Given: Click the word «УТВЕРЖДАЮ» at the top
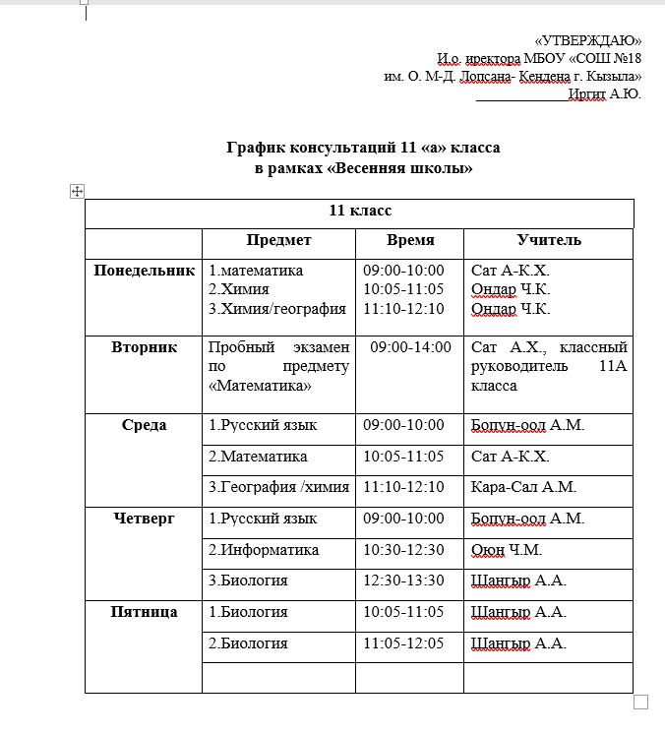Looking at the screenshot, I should pyautogui.click(x=587, y=40).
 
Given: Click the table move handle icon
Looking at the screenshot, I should pyautogui.click(x=78, y=192).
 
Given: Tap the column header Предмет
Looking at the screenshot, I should pyautogui.click(x=278, y=240).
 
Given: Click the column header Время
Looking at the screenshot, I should pyautogui.click(x=410, y=240).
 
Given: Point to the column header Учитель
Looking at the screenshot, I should pyautogui.click(x=549, y=240).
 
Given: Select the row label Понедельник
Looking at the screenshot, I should pyautogui.click(x=144, y=270).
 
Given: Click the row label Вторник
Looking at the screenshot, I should pyautogui.click(x=144, y=347).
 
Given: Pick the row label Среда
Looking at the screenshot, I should pyautogui.click(x=144, y=425).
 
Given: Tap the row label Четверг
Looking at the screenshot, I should pyautogui.click(x=144, y=518).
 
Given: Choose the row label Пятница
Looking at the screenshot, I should pyautogui.click(x=144, y=612).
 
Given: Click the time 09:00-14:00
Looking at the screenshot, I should pyautogui.click(x=411, y=347).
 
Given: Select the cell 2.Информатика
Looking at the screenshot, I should pyautogui.click(x=264, y=549).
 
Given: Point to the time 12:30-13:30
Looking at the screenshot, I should pyautogui.click(x=403, y=581).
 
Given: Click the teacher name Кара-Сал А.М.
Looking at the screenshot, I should pyautogui.click(x=523, y=487).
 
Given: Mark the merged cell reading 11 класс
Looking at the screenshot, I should pyautogui.click(x=359, y=211).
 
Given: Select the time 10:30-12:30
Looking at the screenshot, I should pyautogui.click(x=403, y=549).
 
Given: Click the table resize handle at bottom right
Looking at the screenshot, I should pyautogui.click(x=640, y=702).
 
